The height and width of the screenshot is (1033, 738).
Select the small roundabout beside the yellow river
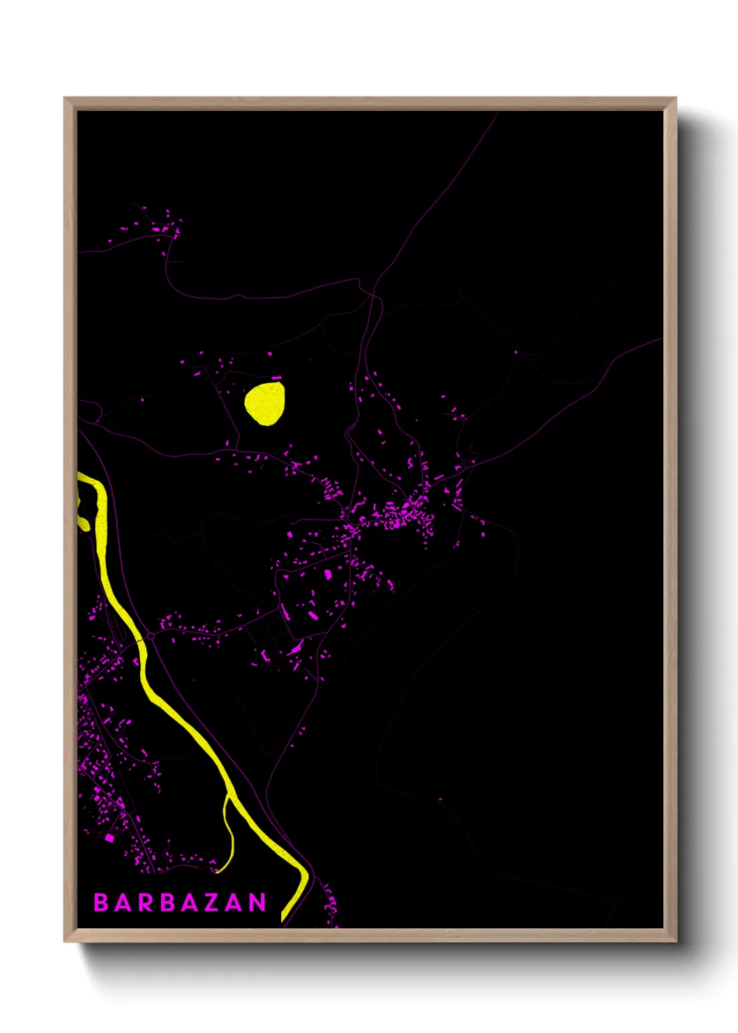(x=151, y=637)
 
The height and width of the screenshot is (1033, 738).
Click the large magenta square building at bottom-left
(x=109, y=837)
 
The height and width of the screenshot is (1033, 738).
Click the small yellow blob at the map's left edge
(x=83, y=523)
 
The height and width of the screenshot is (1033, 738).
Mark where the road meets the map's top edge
(x=499, y=112)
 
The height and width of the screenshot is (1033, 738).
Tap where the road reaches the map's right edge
(x=661, y=339)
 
